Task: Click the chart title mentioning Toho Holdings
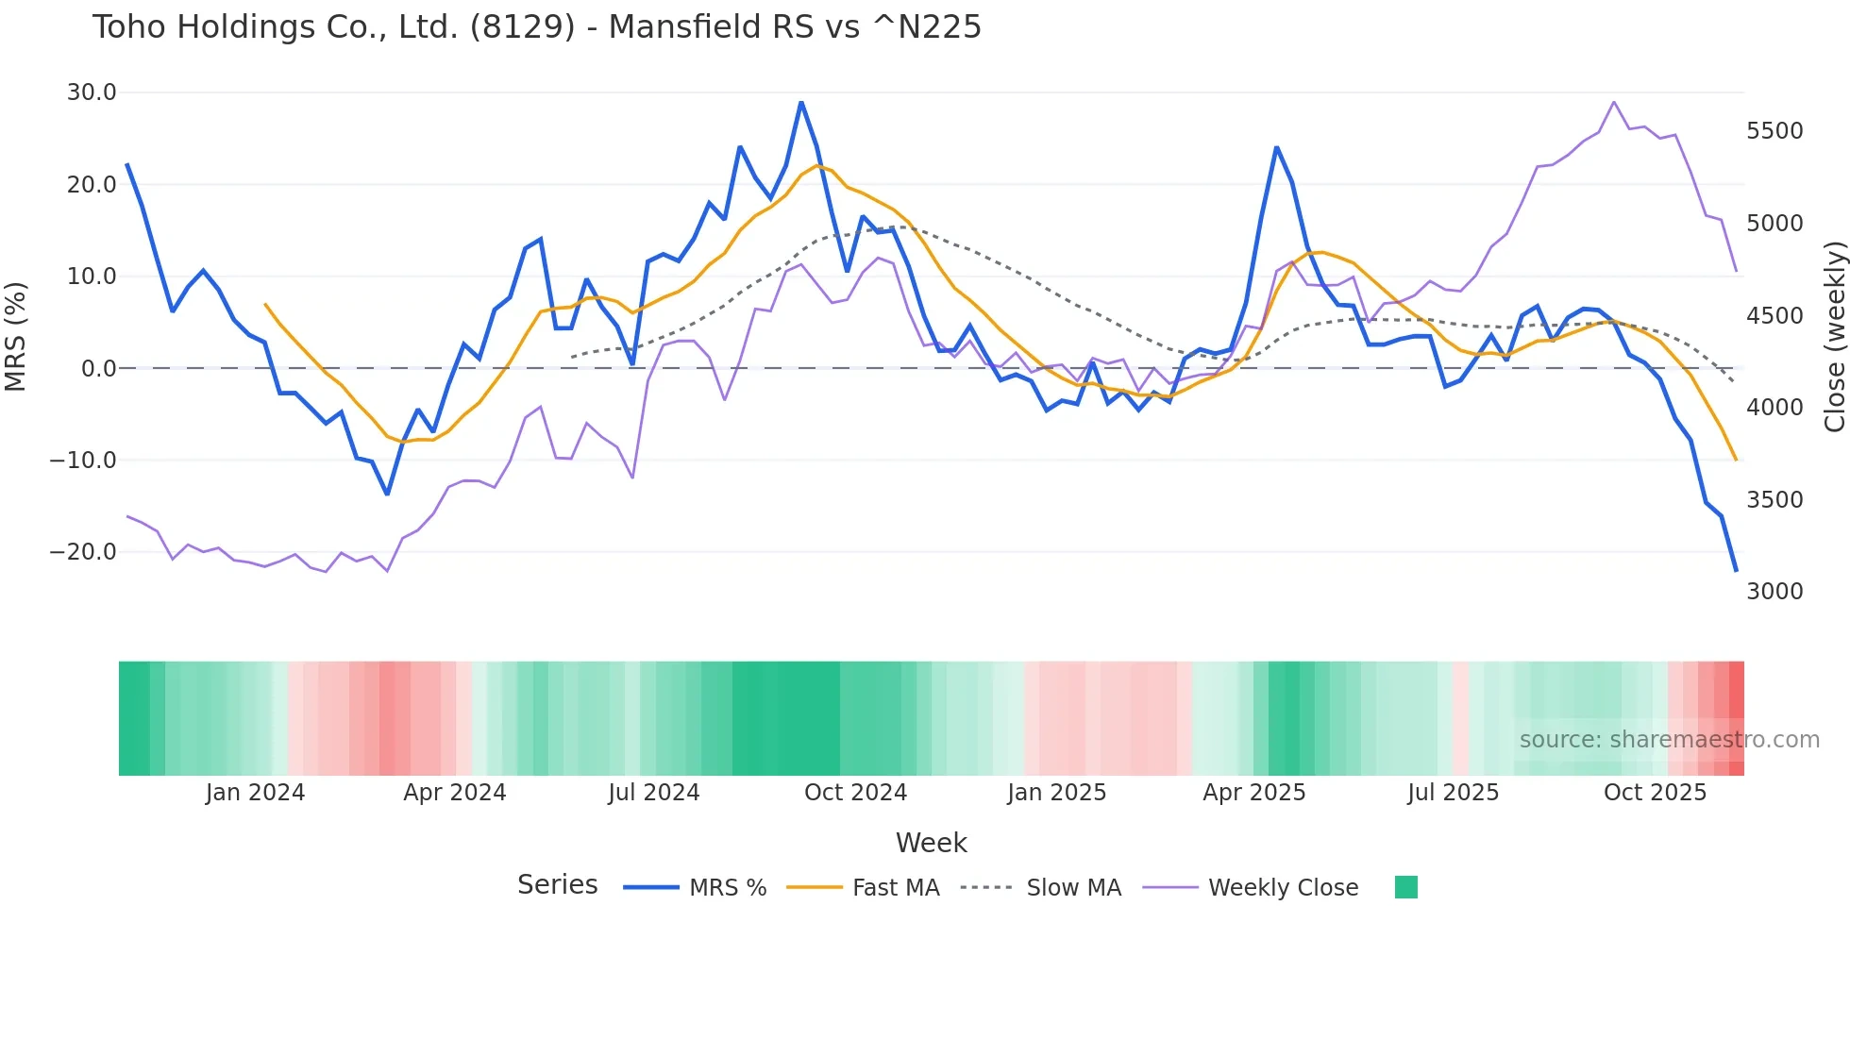pyautogui.click(x=536, y=27)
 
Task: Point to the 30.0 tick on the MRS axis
pyautogui.click(x=92, y=92)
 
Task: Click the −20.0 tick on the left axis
pyautogui.click(x=83, y=552)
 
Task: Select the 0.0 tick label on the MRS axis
pyautogui.click(x=98, y=369)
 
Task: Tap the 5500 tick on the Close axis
pyautogui.click(x=1774, y=131)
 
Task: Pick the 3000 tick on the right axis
pyautogui.click(x=1774, y=592)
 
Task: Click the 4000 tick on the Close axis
pyautogui.click(x=1774, y=408)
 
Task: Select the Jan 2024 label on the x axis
pyautogui.click(x=255, y=793)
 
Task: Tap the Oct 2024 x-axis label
pyautogui.click(x=855, y=793)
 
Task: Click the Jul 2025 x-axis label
pyautogui.click(x=1453, y=793)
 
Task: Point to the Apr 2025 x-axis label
pyautogui.click(x=1253, y=793)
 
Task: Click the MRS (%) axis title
pyautogui.click(x=15, y=336)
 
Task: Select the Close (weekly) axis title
pyautogui.click(x=1834, y=337)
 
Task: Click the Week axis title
pyautogui.click(x=931, y=843)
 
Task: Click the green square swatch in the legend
pyautogui.click(x=1405, y=887)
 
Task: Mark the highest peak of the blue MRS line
pyautogui.click(x=801, y=102)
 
